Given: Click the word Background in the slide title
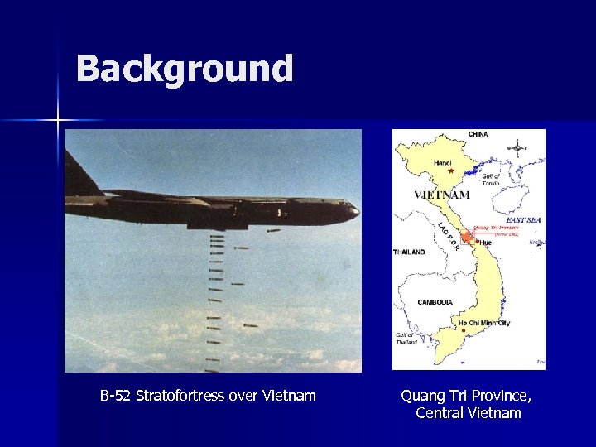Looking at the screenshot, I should pyautogui.click(x=184, y=69).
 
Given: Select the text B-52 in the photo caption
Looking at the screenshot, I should pyautogui.click(x=116, y=396).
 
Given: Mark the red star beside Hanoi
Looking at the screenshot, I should pyautogui.click(x=451, y=172).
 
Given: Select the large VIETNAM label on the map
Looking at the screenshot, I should pyautogui.click(x=441, y=195).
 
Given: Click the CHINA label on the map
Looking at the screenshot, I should pyautogui.click(x=478, y=134).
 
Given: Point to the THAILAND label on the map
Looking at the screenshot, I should pyautogui.click(x=409, y=252).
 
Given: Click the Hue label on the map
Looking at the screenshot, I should pyautogui.click(x=484, y=243).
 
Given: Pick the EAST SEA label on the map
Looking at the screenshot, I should pyautogui.click(x=523, y=220).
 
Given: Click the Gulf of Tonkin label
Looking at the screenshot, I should pyautogui.click(x=490, y=179).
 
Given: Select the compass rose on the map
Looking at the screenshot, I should pyautogui.click(x=519, y=151).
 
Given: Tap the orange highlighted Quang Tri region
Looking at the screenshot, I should pyautogui.click(x=468, y=238).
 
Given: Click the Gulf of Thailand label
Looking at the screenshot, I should pyautogui.click(x=406, y=338).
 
